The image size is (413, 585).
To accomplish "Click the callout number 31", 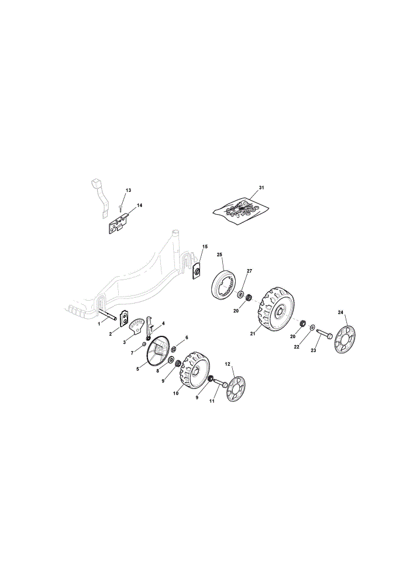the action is (x=261, y=187).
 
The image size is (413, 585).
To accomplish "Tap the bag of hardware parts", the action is (x=240, y=211).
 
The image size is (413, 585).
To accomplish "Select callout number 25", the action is (x=219, y=254).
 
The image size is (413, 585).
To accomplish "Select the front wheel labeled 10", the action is (x=195, y=369).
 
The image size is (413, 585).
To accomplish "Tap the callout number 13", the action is (x=128, y=190).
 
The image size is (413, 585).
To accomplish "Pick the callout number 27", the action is (x=249, y=271).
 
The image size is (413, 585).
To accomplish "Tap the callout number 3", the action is (x=123, y=342).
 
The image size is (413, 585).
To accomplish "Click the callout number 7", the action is (x=132, y=353).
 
